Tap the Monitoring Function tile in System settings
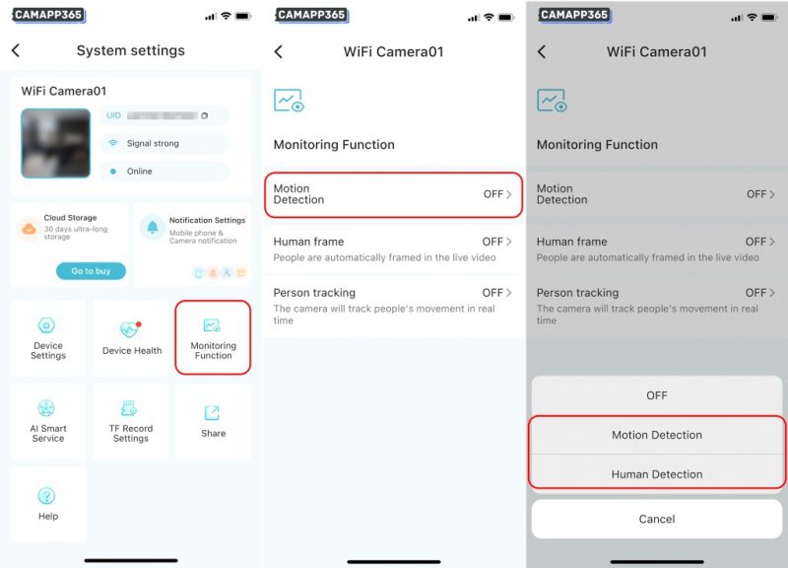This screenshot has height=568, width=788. click(213, 338)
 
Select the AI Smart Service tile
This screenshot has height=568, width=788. click(47, 421)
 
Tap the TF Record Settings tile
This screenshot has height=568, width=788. click(131, 421)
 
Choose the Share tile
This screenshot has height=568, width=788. click(213, 421)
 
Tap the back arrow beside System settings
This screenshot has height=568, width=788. click(16, 50)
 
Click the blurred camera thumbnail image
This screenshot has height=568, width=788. click(55, 143)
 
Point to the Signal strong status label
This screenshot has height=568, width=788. click(153, 144)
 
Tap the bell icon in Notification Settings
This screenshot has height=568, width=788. click(153, 228)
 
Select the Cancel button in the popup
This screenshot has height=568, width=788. click(657, 519)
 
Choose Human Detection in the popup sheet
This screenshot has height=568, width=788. click(657, 474)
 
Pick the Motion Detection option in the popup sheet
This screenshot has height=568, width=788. click(657, 435)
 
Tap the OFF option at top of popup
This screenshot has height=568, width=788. click(657, 395)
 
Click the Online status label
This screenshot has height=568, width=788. click(140, 172)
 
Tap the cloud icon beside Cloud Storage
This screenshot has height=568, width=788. click(29, 228)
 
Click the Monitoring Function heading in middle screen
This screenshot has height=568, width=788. click(334, 145)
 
